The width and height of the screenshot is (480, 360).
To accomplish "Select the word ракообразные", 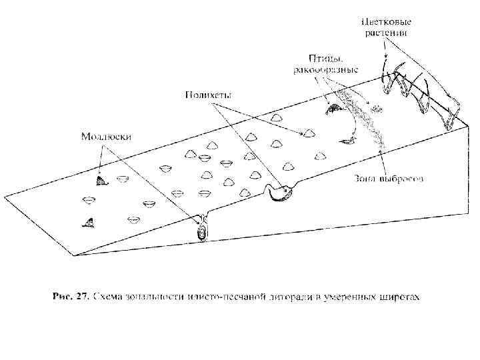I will (326, 69).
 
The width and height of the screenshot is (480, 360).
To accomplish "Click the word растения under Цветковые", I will (385, 31).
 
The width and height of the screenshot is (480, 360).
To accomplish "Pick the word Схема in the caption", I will (109, 296).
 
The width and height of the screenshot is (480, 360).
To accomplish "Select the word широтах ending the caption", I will (400, 296).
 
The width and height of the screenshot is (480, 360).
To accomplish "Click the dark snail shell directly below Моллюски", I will (100, 180).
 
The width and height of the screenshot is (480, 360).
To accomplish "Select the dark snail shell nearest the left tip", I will (87, 223).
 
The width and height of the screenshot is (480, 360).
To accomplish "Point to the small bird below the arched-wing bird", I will (347, 139).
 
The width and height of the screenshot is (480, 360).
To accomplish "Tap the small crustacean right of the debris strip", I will (377, 109).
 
